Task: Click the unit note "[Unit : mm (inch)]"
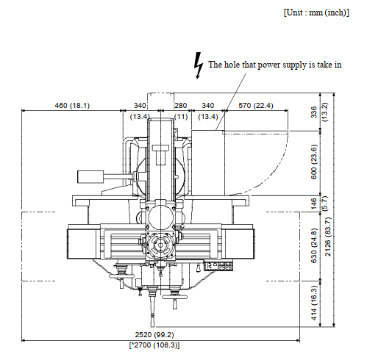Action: [x=316, y=12]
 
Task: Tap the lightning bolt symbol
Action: [x=199, y=65]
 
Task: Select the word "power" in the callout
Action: [x=269, y=65]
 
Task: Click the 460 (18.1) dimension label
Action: [x=72, y=106]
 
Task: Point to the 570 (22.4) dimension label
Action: [x=256, y=106]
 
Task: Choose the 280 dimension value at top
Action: [x=181, y=106]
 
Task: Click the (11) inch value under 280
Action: [x=181, y=117]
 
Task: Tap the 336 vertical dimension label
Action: [x=314, y=112]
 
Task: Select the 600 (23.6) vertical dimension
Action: [x=314, y=162]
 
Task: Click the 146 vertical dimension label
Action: [x=314, y=204]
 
